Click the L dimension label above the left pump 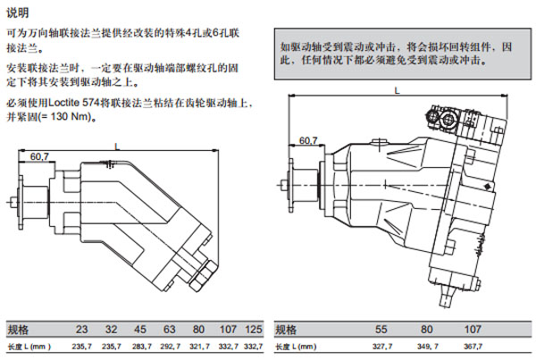click(116, 146)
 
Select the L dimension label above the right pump click(397, 90)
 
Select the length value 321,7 click(197, 346)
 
